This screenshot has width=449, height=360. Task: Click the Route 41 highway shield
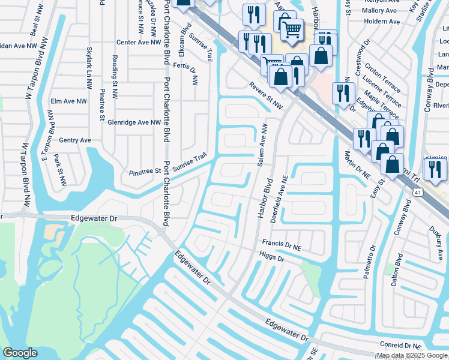[417, 190]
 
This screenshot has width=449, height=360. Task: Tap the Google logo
[20, 353]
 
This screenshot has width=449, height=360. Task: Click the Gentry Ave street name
[75, 140]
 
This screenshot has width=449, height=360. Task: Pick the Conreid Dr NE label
[401, 346]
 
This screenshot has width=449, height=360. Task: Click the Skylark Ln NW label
[89, 64]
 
